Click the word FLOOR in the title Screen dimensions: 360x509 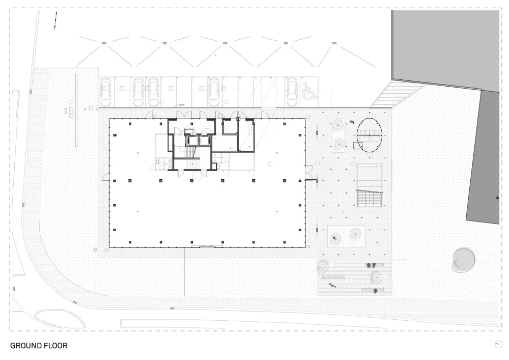tap(56, 346)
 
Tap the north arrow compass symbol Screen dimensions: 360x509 tap(498, 345)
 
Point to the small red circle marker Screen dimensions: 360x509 tap(95, 250)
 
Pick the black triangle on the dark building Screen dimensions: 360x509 tap(498, 196)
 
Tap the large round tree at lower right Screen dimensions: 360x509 tap(463, 259)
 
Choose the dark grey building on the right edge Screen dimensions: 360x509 tap(484, 158)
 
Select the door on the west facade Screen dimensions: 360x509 tap(106, 177)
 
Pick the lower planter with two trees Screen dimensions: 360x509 tap(346, 235)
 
